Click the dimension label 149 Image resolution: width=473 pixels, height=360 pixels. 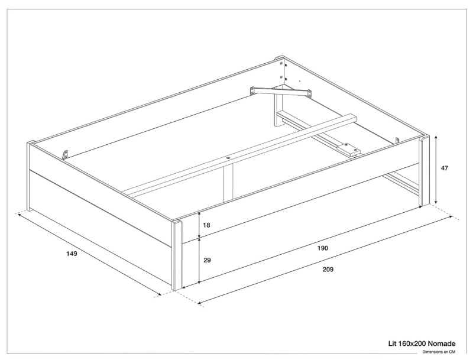[72, 254]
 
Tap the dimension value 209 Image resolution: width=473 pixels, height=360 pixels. [329, 270]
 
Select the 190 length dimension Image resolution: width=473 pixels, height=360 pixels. [322, 248]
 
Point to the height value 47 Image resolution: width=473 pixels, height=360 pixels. [445, 168]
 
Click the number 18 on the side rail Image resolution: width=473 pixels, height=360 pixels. [206, 225]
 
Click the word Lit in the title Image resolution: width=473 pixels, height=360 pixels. [391, 343]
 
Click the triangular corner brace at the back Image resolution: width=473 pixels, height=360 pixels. [281, 91]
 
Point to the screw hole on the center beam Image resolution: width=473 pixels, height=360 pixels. [229, 158]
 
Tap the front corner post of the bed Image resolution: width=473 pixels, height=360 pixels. [176, 255]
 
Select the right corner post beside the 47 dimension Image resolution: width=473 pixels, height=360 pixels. [423, 171]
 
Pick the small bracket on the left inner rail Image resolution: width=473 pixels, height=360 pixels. [65, 154]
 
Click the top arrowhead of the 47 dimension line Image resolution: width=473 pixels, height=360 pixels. [436, 137]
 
